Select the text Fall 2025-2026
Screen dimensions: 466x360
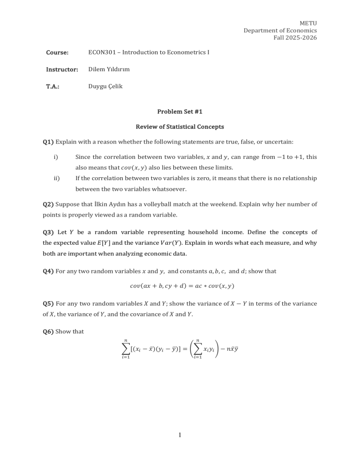295,38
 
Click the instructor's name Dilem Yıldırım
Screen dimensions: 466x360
109,69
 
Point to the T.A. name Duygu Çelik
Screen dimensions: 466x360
105,87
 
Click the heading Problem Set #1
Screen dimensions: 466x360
180,112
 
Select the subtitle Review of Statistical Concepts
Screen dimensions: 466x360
180,127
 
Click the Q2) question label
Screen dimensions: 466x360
48,204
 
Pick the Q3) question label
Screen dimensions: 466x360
48,233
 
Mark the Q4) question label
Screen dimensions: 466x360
48,271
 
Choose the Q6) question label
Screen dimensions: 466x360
48,332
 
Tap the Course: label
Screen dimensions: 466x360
57,52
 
